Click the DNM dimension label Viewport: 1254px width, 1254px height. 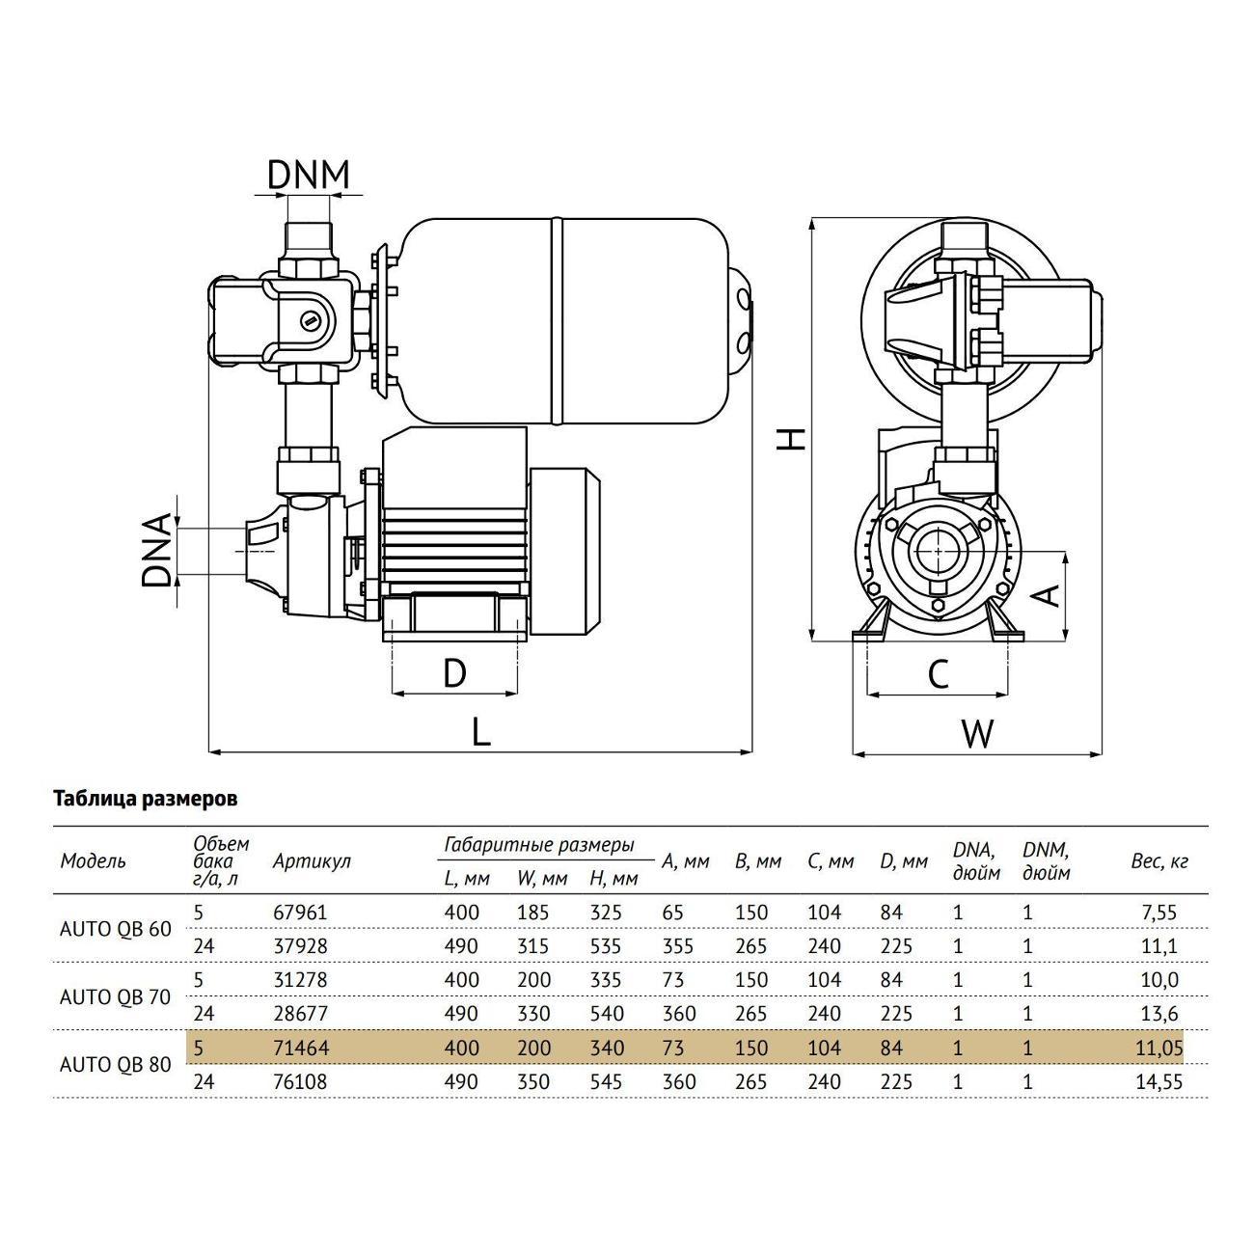(x=308, y=175)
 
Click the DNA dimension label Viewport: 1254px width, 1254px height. (x=156, y=551)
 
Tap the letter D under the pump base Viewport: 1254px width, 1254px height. (x=453, y=672)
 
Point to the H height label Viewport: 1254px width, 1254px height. (x=791, y=439)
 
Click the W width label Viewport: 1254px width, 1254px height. (x=977, y=734)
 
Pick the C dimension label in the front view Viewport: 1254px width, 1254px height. (x=938, y=674)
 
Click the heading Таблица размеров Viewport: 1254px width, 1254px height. (x=145, y=800)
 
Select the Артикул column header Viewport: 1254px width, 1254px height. (x=312, y=861)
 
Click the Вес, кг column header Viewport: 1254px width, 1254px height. (x=1159, y=861)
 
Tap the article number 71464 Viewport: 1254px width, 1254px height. (x=301, y=1048)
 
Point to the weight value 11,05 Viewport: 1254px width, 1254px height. (x=1159, y=1048)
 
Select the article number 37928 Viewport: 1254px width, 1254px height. (x=301, y=946)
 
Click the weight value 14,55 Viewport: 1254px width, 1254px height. (x=1159, y=1082)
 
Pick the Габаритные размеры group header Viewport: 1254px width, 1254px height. (x=539, y=845)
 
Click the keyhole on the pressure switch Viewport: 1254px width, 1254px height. (x=310, y=320)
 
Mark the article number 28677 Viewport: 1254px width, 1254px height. (x=301, y=1014)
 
